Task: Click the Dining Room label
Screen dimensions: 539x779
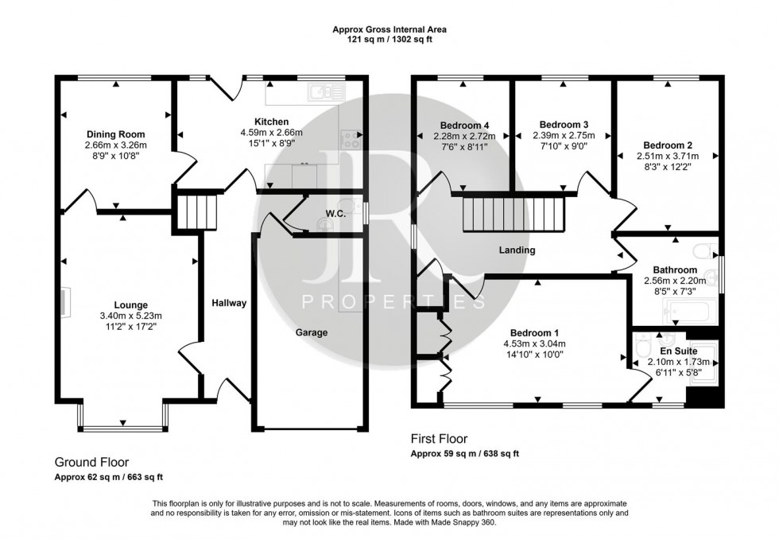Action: coord(116,134)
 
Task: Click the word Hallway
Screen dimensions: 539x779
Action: coord(229,303)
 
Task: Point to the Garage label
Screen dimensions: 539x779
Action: coord(312,332)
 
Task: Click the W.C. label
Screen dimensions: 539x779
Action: coord(335,213)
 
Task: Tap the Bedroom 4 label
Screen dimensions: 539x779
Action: coord(463,126)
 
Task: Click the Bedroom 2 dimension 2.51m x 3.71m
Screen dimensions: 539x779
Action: coord(667,157)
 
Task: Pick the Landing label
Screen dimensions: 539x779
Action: coord(517,250)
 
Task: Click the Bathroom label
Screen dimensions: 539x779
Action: coord(675,269)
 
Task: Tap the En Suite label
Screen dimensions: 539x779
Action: coord(678,350)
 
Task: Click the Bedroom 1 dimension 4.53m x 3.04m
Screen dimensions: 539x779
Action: coord(533,343)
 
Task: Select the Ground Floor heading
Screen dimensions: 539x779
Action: coord(91,462)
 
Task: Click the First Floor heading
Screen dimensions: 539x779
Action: coord(439,438)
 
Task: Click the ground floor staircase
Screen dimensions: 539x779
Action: coord(191,211)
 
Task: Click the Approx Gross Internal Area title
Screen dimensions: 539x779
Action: coord(389,29)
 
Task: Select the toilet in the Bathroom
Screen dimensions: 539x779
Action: coord(702,252)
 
